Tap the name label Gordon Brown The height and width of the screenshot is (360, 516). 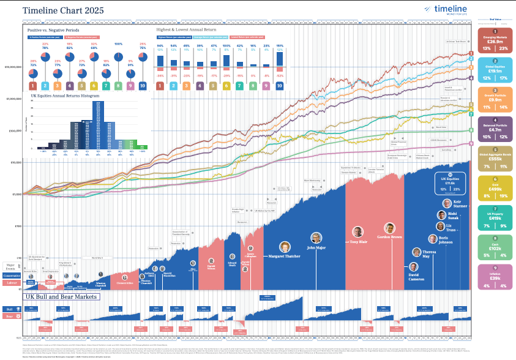pyautogui.click(x=389, y=236)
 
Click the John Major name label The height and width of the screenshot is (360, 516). pyautogui.click(x=316, y=248)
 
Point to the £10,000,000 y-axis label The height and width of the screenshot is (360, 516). pyautogui.click(x=13, y=67)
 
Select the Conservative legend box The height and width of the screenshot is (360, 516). pyautogui.click(x=12, y=275)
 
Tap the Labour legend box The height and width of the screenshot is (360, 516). pyautogui.click(x=12, y=282)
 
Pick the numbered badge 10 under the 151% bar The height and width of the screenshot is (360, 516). pyautogui.click(x=279, y=86)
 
